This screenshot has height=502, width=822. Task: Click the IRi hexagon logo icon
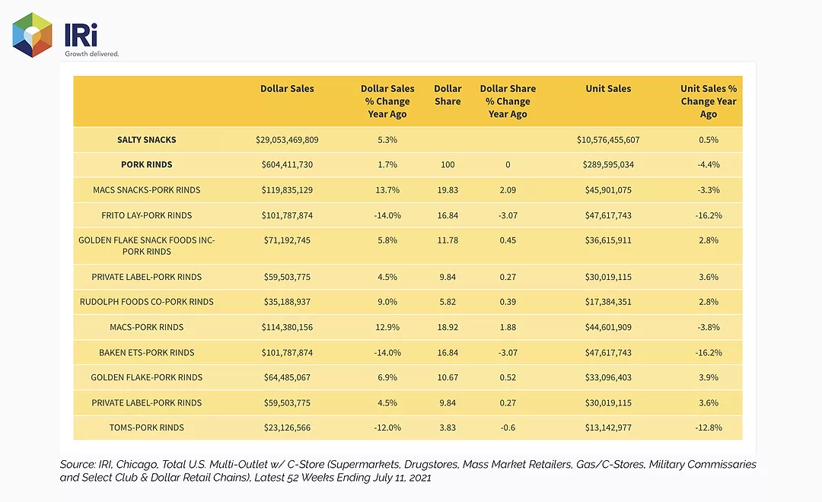point(33,35)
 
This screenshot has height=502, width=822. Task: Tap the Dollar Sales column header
point(287,88)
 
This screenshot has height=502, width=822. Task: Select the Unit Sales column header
point(608,88)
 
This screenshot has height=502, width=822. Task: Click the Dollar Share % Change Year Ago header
point(508,101)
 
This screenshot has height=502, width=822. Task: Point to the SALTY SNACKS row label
point(147,140)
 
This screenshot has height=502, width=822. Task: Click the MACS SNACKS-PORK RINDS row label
point(147,189)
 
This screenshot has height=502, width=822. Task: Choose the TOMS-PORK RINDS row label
point(147,427)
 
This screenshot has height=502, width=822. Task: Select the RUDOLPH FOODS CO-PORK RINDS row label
point(147,302)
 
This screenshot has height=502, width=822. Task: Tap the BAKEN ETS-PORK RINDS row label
point(147,353)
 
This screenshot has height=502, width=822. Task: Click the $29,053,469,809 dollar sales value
point(287,140)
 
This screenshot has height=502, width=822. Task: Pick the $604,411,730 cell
point(287,164)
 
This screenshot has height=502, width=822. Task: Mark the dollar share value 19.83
point(448,189)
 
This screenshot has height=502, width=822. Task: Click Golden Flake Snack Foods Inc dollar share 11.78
point(448,240)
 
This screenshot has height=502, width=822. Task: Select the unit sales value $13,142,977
point(608,427)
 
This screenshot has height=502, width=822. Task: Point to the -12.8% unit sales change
point(709,427)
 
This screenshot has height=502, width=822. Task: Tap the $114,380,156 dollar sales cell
point(287,327)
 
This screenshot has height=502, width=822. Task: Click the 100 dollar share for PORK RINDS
point(448,164)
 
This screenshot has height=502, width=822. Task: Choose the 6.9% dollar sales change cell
point(387,377)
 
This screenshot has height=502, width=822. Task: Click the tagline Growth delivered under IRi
point(92,53)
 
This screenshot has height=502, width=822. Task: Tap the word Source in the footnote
point(77,464)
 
